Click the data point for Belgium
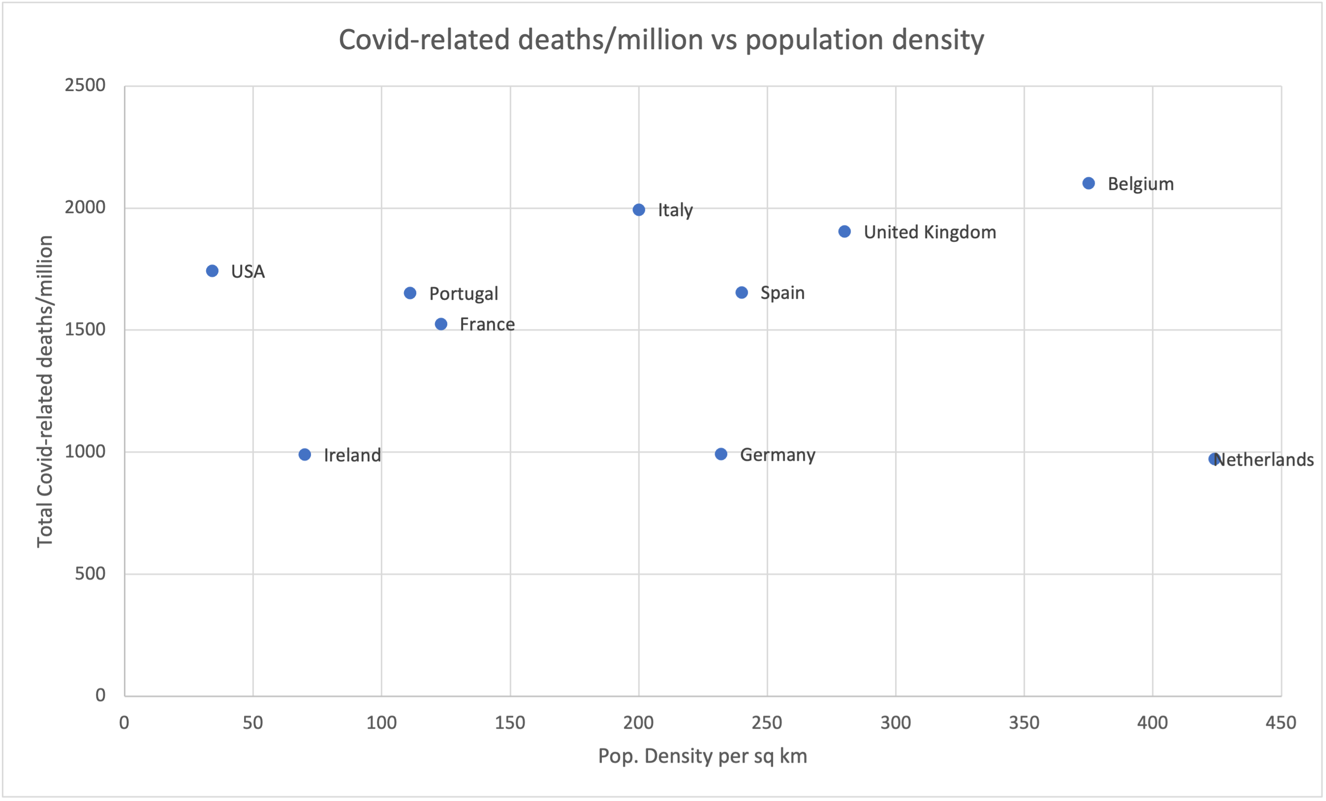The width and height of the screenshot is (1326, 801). point(1088,184)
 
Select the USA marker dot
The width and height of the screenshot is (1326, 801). point(212,271)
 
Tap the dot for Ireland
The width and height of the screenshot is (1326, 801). point(305,455)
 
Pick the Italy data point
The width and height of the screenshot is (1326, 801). point(639,210)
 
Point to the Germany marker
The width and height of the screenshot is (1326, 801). point(721,454)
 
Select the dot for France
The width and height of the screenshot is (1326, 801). point(441,324)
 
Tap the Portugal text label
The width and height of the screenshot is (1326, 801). point(463,294)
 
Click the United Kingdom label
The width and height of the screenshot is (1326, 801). point(930,232)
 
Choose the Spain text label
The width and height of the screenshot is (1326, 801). point(782,293)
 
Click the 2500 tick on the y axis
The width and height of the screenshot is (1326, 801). point(85,85)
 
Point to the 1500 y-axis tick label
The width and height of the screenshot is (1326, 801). point(85,329)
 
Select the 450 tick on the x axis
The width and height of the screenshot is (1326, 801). point(1281,722)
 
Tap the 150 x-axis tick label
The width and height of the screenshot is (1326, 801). point(510,722)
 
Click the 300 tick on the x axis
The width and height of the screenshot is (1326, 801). point(895,722)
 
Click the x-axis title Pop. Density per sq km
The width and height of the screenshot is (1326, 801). point(702,756)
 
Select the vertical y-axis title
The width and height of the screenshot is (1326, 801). point(45,391)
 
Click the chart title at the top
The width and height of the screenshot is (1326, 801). point(661,40)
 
